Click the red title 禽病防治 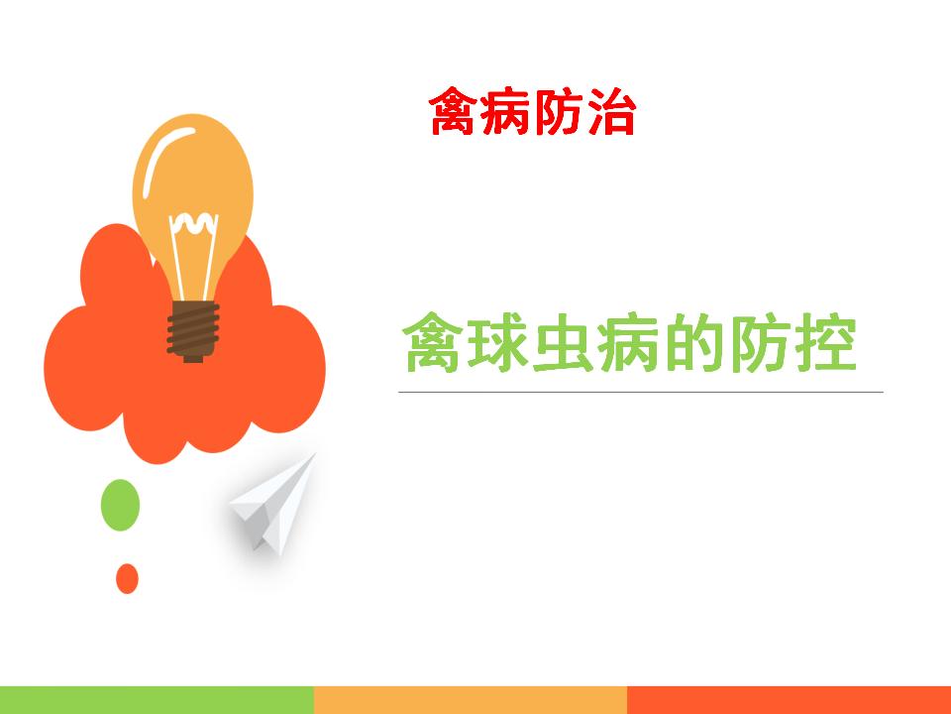[533, 112]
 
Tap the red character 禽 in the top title [455, 112]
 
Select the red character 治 [611, 112]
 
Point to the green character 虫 [563, 343]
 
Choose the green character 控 [825, 343]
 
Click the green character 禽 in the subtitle [433, 343]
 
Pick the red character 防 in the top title [559, 112]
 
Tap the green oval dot [120, 505]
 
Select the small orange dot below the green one [128, 578]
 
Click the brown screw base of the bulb [193, 331]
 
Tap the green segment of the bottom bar [158, 700]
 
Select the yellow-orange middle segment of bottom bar [471, 700]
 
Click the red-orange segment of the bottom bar [790, 700]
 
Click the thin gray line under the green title [641, 393]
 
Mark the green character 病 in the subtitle [628, 343]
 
